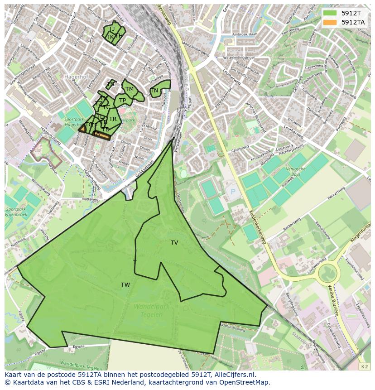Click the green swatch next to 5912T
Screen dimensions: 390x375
click(x=329, y=13)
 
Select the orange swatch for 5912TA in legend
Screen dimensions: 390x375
click(x=329, y=22)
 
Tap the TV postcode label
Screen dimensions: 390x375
click(x=174, y=243)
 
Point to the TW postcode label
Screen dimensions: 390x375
click(x=125, y=285)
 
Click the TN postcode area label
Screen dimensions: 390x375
click(x=154, y=91)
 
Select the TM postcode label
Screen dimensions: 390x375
click(x=130, y=89)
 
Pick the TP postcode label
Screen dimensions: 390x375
click(x=122, y=101)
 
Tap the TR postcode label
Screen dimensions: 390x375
click(x=113, y=119)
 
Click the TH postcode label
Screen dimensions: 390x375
click(x=119, y=36)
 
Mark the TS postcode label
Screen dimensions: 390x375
click(x=111, y=84)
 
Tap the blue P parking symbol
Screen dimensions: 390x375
click(x=233, y=192)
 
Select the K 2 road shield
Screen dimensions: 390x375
click(x=364, y=366)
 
